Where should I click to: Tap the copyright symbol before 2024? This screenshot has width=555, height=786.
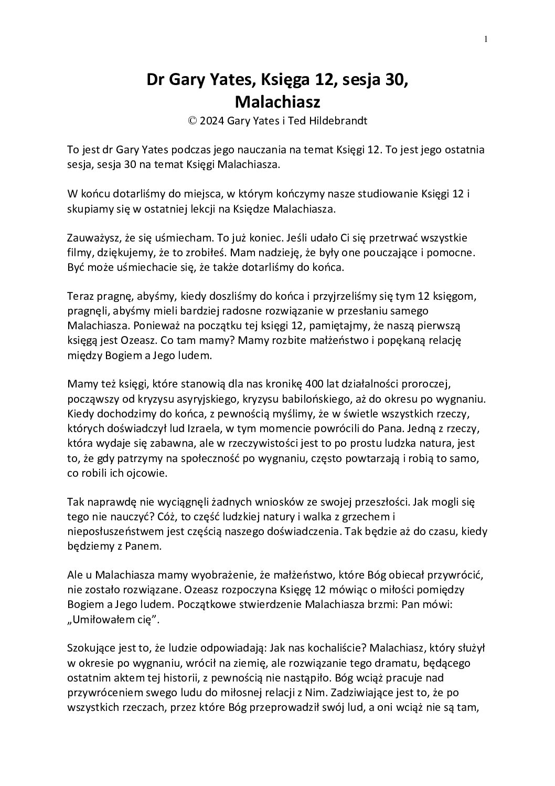tap(193, 121)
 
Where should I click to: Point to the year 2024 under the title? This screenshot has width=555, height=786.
tap(212, 121)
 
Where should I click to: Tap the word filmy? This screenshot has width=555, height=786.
tap(79, 253)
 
